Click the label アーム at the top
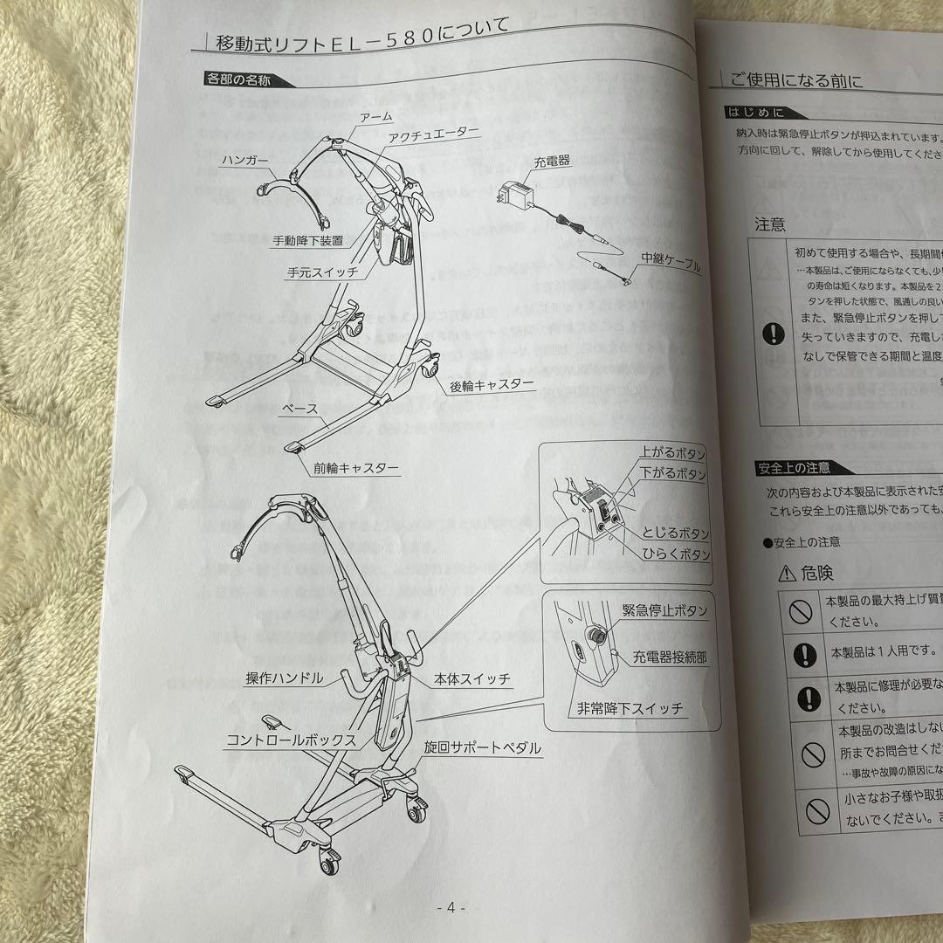[x=375, y=116]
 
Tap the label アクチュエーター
[x=434, y=133]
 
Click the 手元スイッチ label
[x=323, y=272]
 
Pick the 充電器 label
[x=551, y=162]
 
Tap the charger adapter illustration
[x=516, y=196]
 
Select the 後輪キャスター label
[x=492, y=385]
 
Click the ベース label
[x=299, y=409]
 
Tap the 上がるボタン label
[x=671, y=455]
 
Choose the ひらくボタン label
[x=676, y=554]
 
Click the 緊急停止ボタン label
[x=665, y=610]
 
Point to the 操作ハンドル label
[x=285, y=678]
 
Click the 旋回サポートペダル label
[x=482, y=748]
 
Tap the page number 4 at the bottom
[x=451, y=907]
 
